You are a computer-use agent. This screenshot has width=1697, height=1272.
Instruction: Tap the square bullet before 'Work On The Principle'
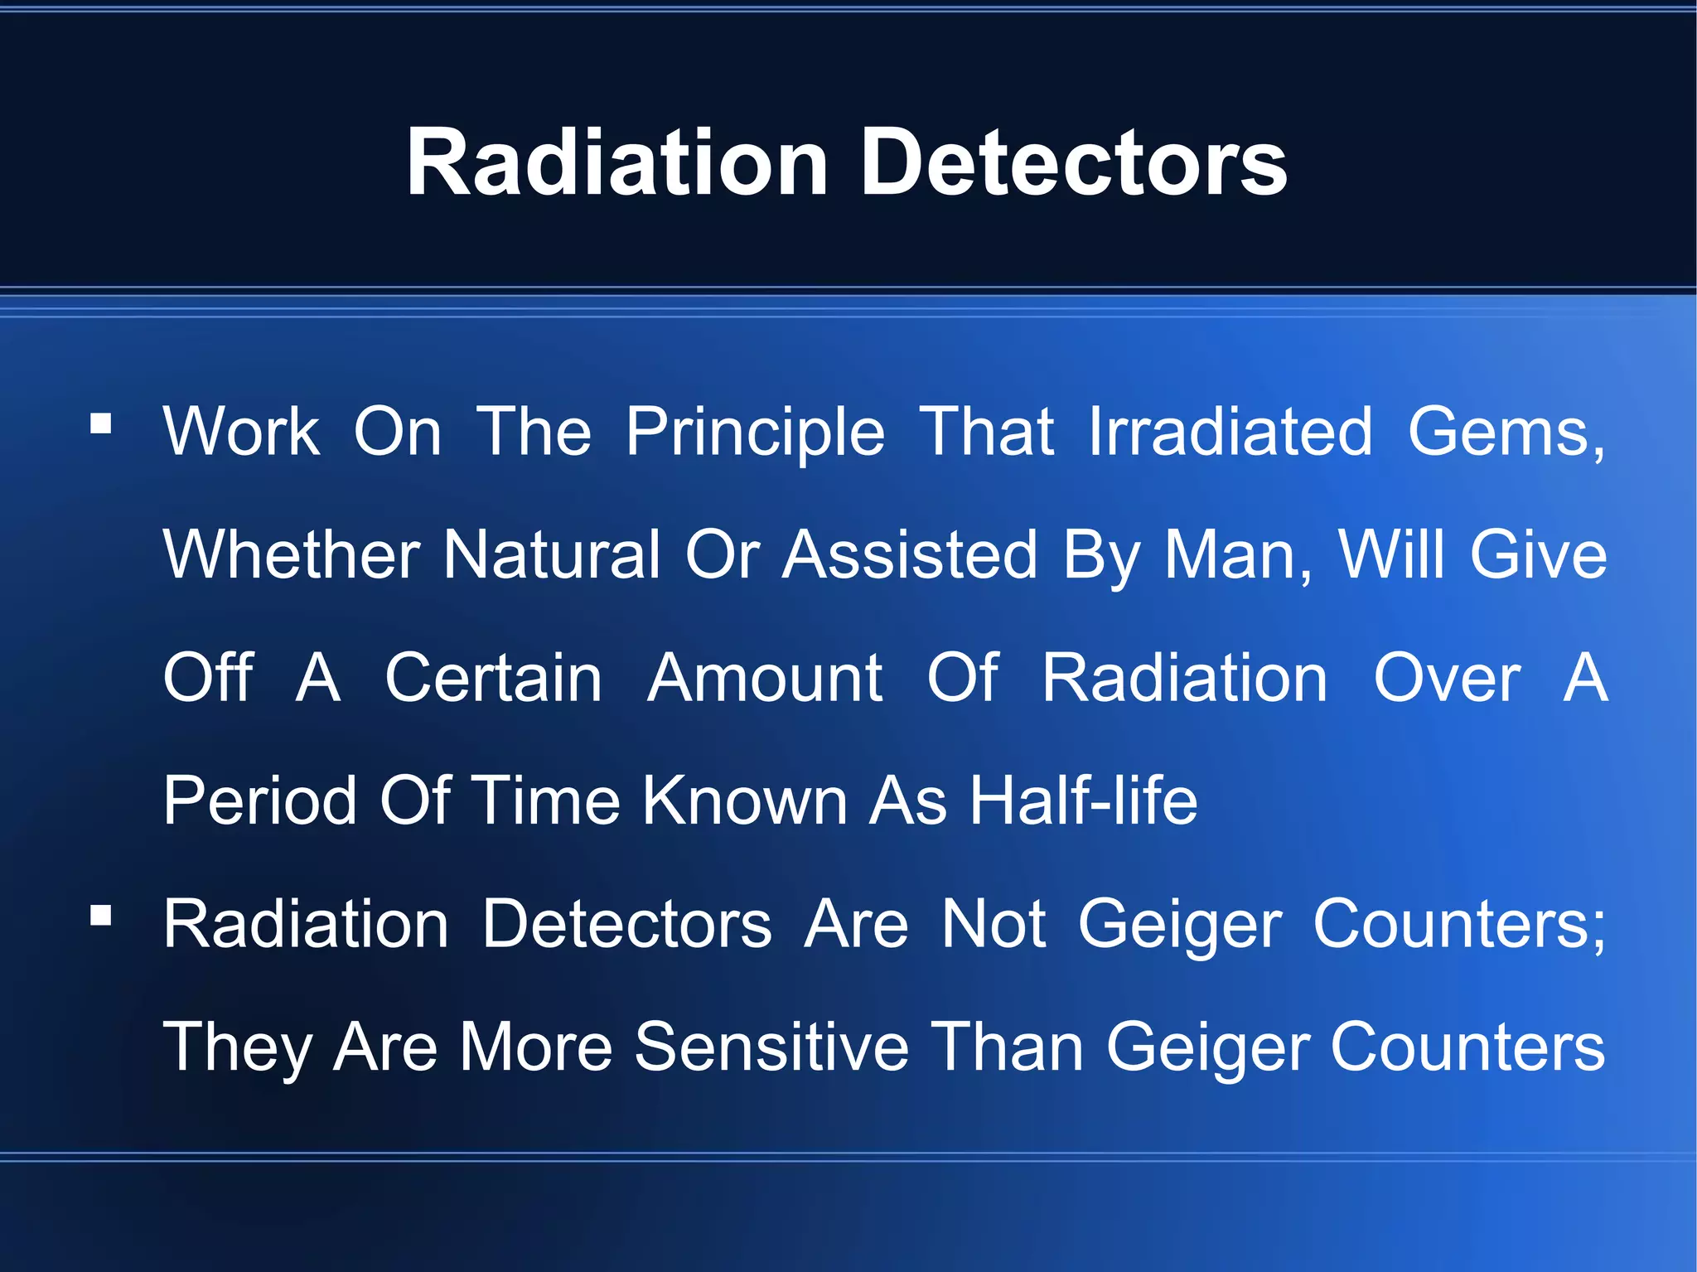[101, 424]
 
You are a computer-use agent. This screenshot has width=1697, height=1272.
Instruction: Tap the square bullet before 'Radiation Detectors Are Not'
[101, 916]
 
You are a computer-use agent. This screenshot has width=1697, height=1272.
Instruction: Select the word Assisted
[909, 554]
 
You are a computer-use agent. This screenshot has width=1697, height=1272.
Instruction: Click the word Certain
[494, 678]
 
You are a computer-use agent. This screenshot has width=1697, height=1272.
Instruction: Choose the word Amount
[765, 678]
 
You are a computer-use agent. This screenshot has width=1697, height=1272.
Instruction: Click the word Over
[1447, 678]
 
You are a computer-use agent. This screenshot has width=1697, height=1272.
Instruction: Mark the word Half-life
[1083, 800]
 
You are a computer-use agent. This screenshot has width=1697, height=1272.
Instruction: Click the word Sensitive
[771, 1047]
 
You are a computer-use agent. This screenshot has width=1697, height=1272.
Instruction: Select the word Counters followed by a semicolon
[1458, 924]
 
